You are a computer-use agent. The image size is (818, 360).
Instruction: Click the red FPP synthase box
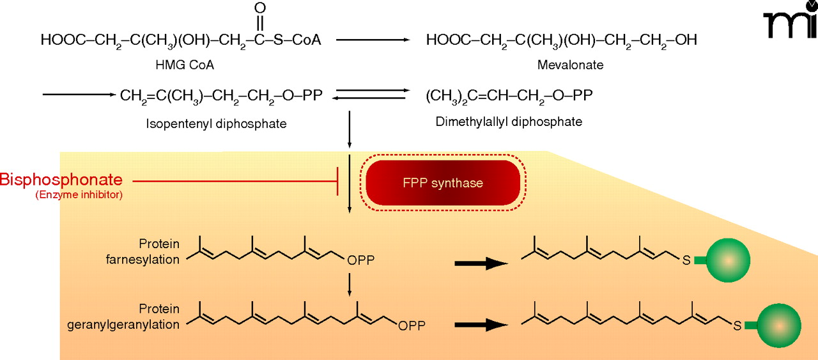click(x=442, y=184)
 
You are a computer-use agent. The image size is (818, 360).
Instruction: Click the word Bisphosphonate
click(x=61, y=179)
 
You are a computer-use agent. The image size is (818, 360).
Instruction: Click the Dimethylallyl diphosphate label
click(x=509, y=121)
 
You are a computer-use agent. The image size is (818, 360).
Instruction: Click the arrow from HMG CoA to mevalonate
click(x=373, y=40)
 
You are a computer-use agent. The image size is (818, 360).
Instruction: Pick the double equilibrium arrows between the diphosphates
click(x=373, y=95)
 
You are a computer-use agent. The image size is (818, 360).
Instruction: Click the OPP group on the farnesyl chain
click(x=361, y=261)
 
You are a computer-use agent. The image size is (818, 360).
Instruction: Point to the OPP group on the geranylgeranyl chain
click(x=412, y=326)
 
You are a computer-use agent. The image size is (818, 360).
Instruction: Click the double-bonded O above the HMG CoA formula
click(x=259, y=8)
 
